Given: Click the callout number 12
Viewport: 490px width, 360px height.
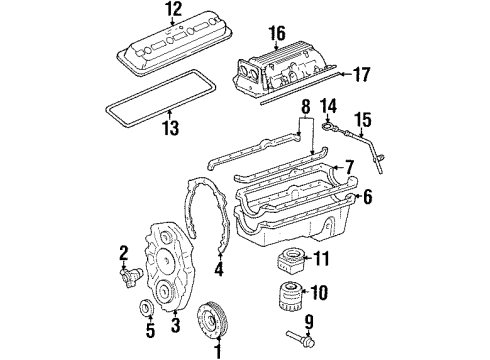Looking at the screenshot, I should pyautogui.click(x=174, y=10).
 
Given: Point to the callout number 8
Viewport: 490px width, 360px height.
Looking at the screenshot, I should pyautogui.click(x=306, y=106).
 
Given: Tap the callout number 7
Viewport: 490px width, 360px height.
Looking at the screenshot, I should pyautogui.click(x=348, y=166).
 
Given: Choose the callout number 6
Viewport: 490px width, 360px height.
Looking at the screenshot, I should pyautogui.click(x=367, y=198).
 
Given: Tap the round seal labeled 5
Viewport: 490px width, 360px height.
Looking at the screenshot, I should pyautogui.click(x=143, y=306).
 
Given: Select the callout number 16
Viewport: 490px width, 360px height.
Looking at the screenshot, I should pyautogui.click(x=277, y=33).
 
